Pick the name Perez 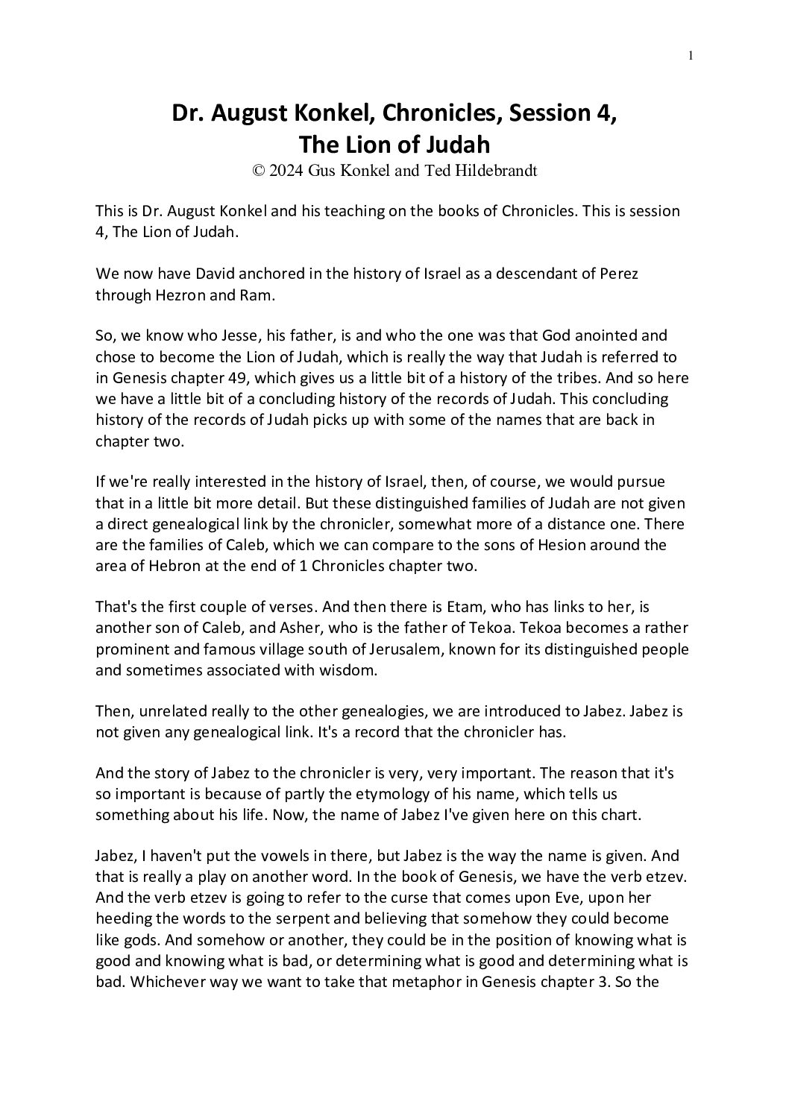618,274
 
